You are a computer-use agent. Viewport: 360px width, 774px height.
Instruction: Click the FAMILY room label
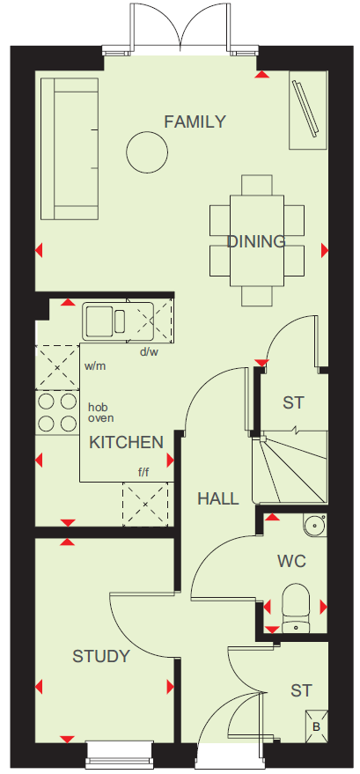(x=195, y=122)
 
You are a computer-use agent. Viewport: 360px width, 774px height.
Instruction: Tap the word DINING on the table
(x=256, y=241)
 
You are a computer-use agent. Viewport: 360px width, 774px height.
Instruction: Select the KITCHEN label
(x=126, y=442)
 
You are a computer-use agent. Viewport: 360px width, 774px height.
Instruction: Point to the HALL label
(x=218, y=498)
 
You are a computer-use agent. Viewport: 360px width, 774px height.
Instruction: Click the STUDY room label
(x=101, y=656)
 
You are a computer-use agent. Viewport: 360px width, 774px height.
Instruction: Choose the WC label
(x=291, y=561)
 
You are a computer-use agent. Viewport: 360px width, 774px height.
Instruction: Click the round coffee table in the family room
(x=147, y=152)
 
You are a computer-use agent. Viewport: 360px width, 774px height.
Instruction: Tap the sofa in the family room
(x=70, y=149)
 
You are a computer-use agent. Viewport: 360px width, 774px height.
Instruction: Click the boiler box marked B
(x=316, y=726)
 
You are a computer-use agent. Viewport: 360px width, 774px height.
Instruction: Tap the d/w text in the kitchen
(x=149, y=352)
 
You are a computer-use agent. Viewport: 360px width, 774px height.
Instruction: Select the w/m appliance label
(x=95, y=366)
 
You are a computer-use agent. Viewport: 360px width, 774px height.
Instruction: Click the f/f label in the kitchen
(x=143, y=473)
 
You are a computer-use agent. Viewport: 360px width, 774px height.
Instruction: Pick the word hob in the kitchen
(x=98, y=407)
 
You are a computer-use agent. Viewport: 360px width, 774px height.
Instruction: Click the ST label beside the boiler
(x=301, y=690)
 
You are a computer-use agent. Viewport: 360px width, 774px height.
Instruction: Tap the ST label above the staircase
(x=294, y=402)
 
